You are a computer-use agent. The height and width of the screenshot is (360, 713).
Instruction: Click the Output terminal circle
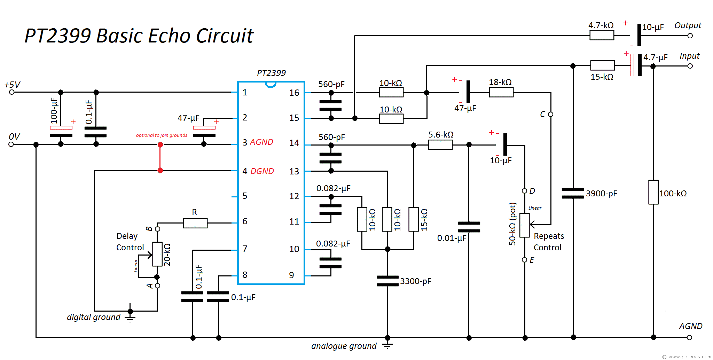tap(690, 36)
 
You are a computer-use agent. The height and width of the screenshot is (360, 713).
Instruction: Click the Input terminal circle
tap(690, 66)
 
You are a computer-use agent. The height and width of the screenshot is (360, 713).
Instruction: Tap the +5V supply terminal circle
tap(11, 92)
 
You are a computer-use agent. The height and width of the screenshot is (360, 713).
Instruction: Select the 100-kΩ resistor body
tap(653, 192)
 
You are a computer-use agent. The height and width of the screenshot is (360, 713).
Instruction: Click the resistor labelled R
tap(195, 223)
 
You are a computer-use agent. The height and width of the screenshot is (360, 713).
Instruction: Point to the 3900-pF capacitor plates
tap(573, 193)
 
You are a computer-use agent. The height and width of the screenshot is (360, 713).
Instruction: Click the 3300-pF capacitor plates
tap(387, 281)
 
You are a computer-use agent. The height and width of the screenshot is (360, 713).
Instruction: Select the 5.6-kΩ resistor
tap(440, 145)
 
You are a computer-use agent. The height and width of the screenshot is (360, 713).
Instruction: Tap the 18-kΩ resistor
tap(501, 92)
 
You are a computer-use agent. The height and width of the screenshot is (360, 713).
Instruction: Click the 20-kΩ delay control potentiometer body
tap(157, 254)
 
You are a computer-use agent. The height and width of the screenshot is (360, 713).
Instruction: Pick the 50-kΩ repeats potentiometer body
tap(524, 225)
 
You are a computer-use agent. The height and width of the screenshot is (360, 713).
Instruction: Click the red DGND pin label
tap(262, 171)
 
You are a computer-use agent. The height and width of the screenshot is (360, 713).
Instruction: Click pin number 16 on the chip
tap(294, 93)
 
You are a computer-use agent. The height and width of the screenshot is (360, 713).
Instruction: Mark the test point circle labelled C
tap(550, 114)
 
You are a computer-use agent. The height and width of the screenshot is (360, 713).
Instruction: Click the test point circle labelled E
tap(524, 260)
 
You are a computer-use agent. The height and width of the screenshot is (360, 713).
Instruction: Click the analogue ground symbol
tap(387, 345)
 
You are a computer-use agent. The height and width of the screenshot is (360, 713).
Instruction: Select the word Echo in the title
tap(166, 36)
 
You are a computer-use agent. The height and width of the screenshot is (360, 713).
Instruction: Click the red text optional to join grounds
tap(162, 135)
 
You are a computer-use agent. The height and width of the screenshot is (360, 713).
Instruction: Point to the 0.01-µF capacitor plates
tap(469, 227)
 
